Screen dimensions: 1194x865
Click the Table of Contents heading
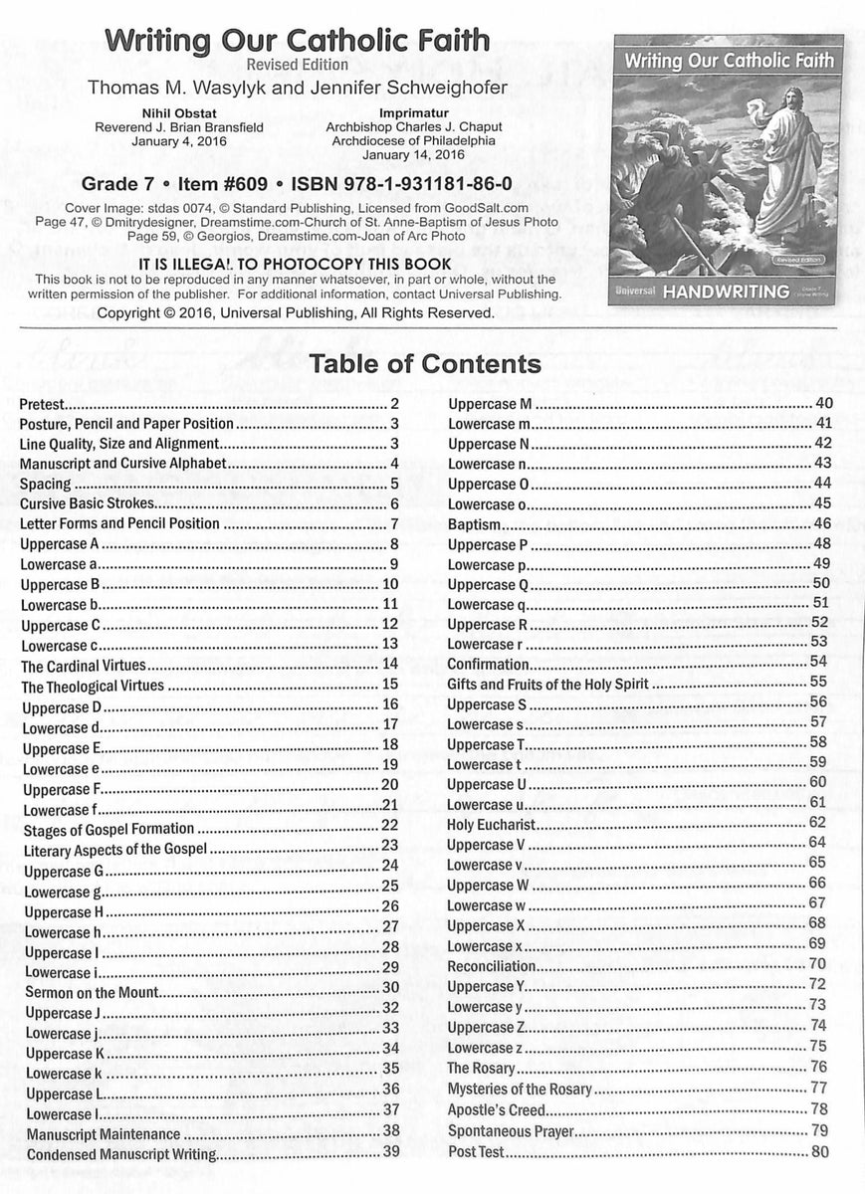426,364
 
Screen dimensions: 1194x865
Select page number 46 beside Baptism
821,523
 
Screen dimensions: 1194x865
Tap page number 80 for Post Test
820,1152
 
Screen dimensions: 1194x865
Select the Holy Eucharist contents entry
492,824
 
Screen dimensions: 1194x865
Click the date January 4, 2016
164,142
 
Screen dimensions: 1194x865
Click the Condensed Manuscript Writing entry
120,1154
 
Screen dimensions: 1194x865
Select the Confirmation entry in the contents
488,664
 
